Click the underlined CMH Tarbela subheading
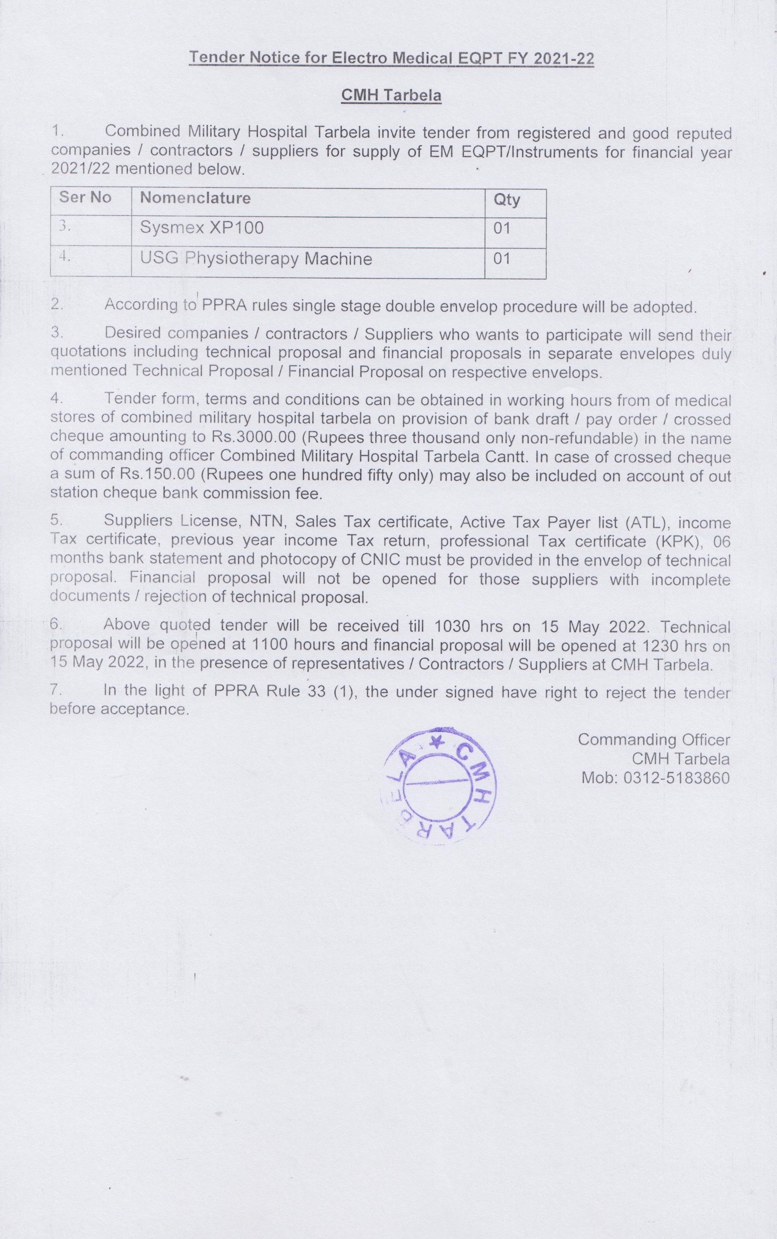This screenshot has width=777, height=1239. pyautogui.click(x=392, y=96)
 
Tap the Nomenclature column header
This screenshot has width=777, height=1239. pyautogui.click(x=195, y=198)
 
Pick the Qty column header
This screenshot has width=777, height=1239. pyautogui.click(x=507, y=200)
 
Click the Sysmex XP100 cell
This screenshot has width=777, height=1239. pyautogui.click(x=202, y=228)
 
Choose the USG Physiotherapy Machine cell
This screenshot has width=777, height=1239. pyautogui.click(x=256, y=258)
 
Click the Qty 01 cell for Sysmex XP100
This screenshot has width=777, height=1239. pyautogui.click(x=502, y=228)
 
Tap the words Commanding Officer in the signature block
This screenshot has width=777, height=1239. pyautogui.click(x=654, y=740)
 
